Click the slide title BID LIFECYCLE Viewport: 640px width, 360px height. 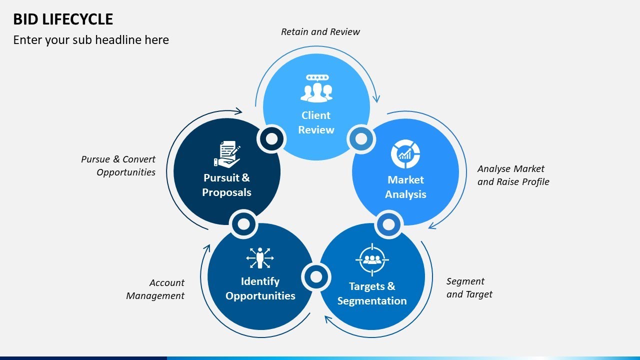coord(63,19)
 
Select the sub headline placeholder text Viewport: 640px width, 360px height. coord(91,40)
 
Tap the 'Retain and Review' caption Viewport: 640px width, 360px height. coord(320,32)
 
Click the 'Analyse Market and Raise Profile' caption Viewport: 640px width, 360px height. coord(513,175)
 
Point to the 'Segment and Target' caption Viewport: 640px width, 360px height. coord(469,288)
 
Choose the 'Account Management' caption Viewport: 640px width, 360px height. coord(155,289)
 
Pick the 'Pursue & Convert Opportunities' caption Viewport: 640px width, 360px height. coord(118,165)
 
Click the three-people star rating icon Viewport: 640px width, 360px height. coord(316,88)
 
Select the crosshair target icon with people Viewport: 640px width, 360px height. coord(372,259)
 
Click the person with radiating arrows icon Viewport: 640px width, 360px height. coord(260,258)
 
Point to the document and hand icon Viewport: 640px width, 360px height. coord(227,154)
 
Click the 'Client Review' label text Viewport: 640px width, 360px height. coord(316,122)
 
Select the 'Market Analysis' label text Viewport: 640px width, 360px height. coord(405,187)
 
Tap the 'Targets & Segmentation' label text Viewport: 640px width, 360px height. coord(372,293)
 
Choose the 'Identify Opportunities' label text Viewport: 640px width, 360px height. coord(260,288)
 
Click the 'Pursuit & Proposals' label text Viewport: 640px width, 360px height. coord(226,185)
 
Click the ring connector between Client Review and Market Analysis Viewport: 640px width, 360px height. coord(361,138)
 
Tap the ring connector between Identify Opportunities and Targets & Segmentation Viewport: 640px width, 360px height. coord(316,276)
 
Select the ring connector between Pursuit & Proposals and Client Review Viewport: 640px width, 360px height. coord(271,138)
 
